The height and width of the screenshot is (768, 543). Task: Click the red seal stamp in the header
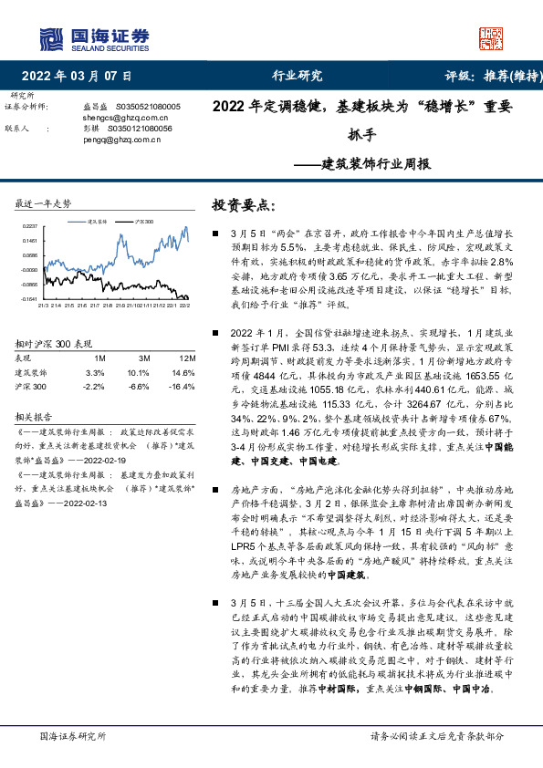[x=492, y=37]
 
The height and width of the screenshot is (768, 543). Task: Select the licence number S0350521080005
[x=150, y=107]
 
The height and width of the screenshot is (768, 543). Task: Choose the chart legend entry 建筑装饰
[x=99, y=222]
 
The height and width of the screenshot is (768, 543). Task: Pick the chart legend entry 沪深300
[x=143, y=222]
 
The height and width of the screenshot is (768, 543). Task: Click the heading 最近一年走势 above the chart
[x=43, y=202]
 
